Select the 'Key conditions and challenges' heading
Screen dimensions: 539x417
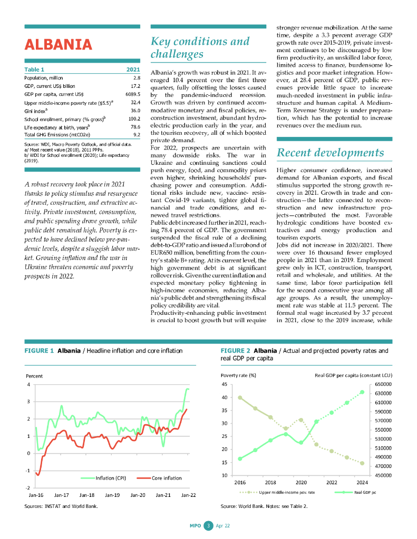click(200, 47)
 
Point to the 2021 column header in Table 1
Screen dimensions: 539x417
click(133, 69)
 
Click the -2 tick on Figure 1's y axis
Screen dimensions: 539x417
click(28, 488)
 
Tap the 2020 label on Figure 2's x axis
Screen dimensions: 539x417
click(301, 482)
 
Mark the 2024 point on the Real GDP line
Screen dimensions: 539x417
click(362, 392)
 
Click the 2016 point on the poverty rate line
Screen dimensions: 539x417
click(240, 397)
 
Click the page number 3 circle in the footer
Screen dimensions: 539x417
click(208, 525)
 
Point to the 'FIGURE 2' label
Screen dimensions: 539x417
click(235, 351)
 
